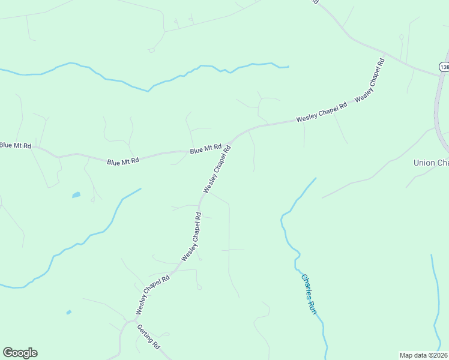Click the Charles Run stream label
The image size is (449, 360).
pos(308,294)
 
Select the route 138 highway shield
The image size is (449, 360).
pos(444,67)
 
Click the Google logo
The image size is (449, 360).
pos(20,353)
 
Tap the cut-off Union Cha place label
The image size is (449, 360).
pos(431,163)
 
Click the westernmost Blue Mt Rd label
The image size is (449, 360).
pos(16,145)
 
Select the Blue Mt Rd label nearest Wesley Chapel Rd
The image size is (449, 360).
pos(206,149)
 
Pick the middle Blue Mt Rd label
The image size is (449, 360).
pos(123,161)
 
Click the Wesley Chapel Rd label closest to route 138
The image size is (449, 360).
pos(369,80)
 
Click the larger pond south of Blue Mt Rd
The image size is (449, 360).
pos(76,195)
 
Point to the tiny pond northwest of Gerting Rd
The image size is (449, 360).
pos(69,313)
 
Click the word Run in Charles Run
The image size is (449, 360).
pos(312,306)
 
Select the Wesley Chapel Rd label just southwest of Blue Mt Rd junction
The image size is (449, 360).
pos(217,172)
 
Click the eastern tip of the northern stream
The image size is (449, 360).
pos(288,66)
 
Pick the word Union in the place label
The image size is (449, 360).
pos(424,163)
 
